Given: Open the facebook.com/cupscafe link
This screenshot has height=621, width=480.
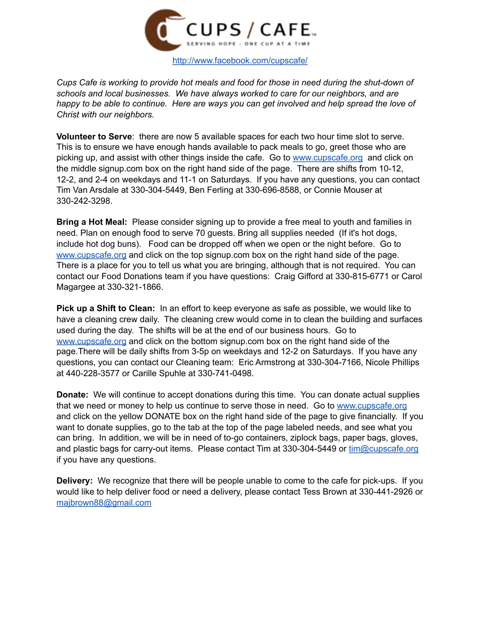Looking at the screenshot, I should coord(240,60).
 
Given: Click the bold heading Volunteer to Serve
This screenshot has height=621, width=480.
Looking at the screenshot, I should coord(94,136).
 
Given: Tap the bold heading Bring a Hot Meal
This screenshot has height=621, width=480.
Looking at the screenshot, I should coord(92,222).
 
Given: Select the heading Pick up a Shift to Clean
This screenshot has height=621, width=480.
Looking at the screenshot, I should coord(105,309).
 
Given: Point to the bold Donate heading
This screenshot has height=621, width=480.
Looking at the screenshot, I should coord(72,395).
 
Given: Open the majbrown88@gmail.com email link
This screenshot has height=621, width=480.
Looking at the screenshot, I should coord(104,503).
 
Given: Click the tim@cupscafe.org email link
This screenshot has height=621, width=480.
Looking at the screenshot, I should coord(383,449).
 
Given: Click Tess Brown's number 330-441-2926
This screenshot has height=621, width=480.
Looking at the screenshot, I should coord(386,492).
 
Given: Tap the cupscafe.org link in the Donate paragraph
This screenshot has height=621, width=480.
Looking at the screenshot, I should coord(372,406).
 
